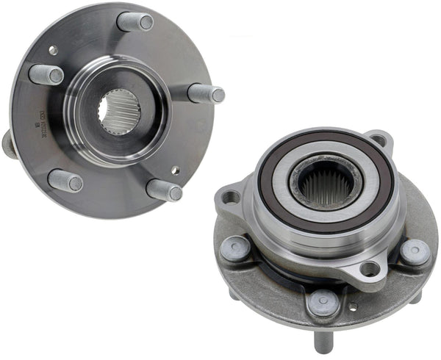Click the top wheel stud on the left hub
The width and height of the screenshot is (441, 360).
(136, 21)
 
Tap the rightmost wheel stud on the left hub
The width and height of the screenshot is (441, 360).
(207, 93)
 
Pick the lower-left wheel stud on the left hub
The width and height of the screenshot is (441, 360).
(65, 180)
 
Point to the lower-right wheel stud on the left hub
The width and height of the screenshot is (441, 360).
(164, 190)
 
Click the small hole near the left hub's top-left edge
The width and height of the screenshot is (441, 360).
(53, 50)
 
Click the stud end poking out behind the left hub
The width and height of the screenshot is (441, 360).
(8, 143)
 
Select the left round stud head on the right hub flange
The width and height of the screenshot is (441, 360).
(235, 249)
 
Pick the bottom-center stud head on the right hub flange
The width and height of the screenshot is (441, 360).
(323, 301)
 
